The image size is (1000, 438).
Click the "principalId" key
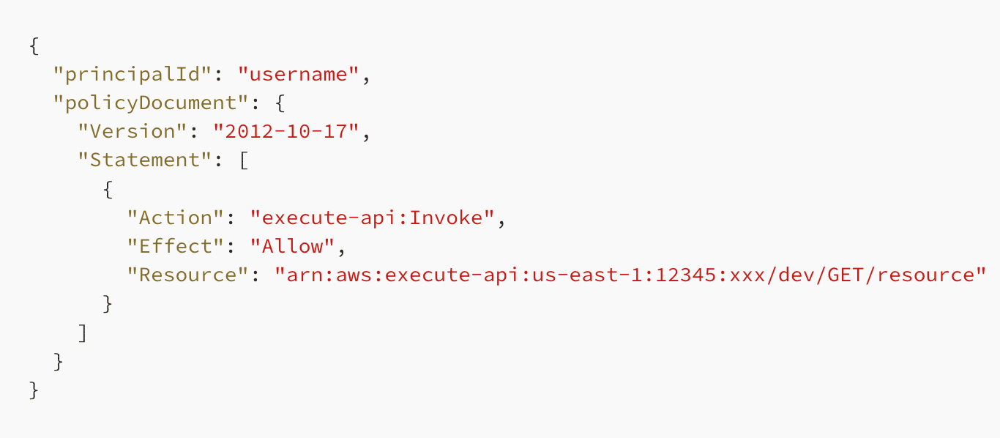(x=133, y=74)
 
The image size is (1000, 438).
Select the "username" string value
(x=298, y=74)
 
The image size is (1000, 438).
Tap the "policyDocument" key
(x=151, y=103)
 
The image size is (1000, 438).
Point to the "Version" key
(x=133, y=131)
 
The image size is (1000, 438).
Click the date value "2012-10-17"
(x=286, y=131)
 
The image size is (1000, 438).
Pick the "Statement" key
(x=145, y=160)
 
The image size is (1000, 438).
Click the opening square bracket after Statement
(x=244, y=160)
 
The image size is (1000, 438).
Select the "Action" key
(x=176, y=218)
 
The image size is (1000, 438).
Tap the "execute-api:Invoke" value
(x=373, y=218)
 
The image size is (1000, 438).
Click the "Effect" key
(x=176, y=246)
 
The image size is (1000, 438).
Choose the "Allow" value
(x=292, y=246)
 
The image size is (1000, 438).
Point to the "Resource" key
(x=187, y=275)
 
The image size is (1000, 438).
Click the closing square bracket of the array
(x=83, y=333)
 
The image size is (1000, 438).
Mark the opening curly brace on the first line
(x=34, y=46)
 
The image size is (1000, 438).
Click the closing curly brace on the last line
(x=34, y=390)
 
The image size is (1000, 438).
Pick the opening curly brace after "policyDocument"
(x=280, y=103)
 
